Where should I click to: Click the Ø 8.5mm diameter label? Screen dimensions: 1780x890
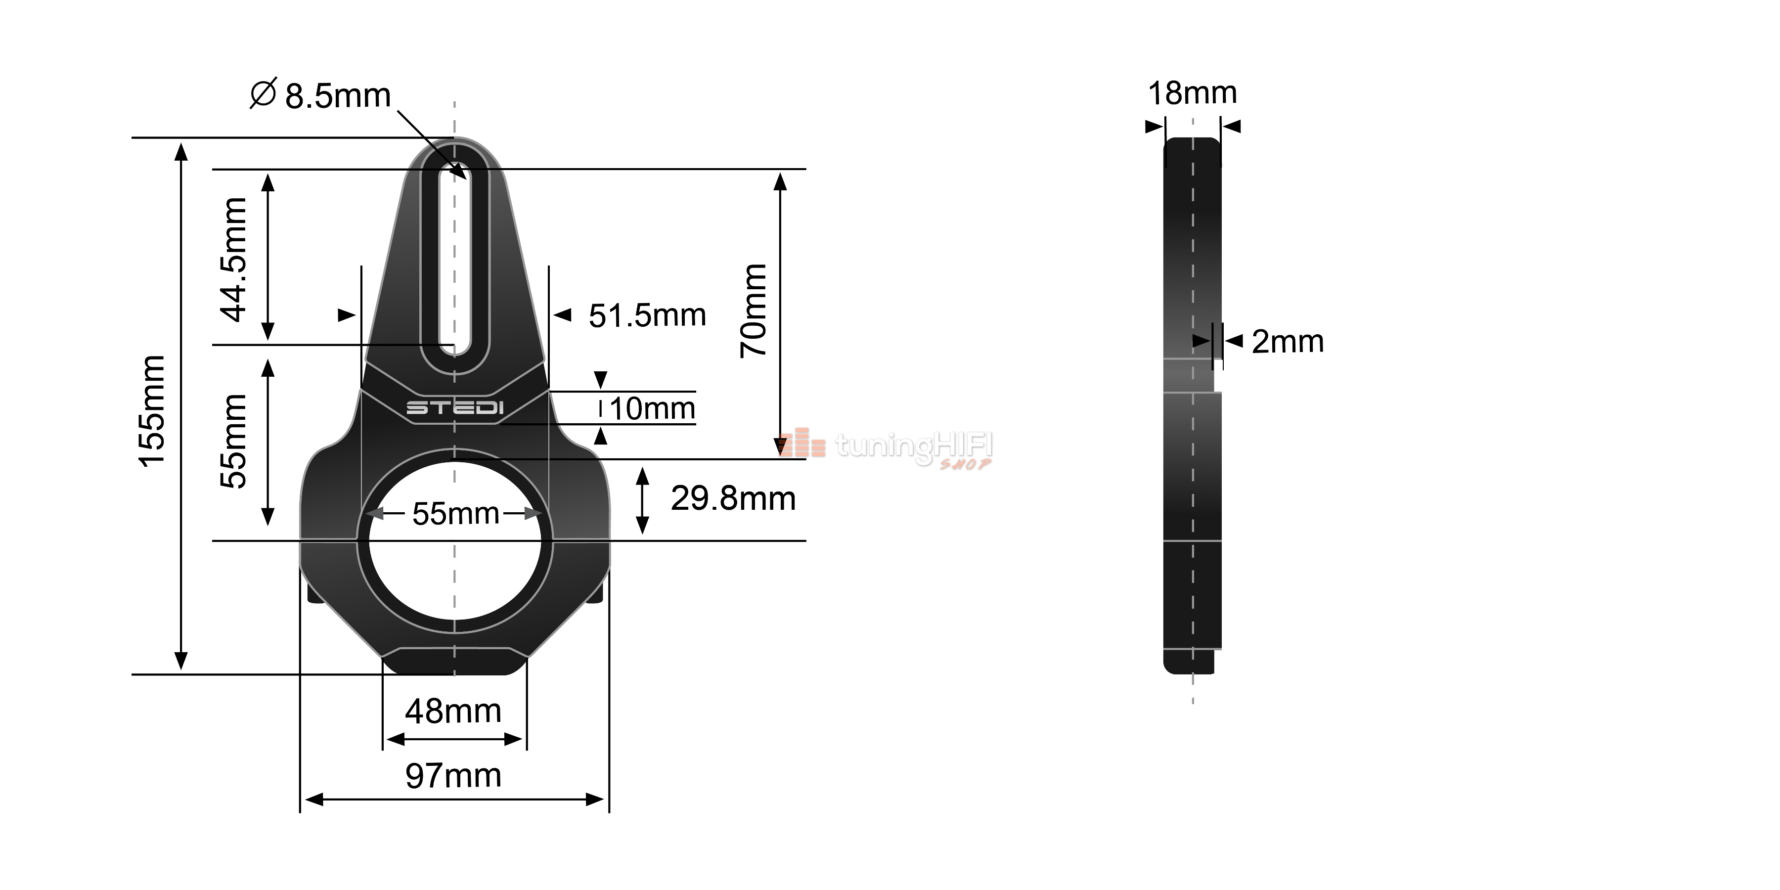coord(320,94)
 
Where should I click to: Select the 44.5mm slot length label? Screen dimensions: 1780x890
coord(233,260)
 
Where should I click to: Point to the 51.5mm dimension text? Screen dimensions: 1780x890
coord(647,316)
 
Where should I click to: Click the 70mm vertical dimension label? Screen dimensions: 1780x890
coord(753,310)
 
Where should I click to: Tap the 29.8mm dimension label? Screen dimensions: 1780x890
coord(733,498)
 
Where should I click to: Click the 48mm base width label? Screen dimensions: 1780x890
coord(453,711)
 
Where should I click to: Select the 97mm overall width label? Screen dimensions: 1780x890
coord(453,776)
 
